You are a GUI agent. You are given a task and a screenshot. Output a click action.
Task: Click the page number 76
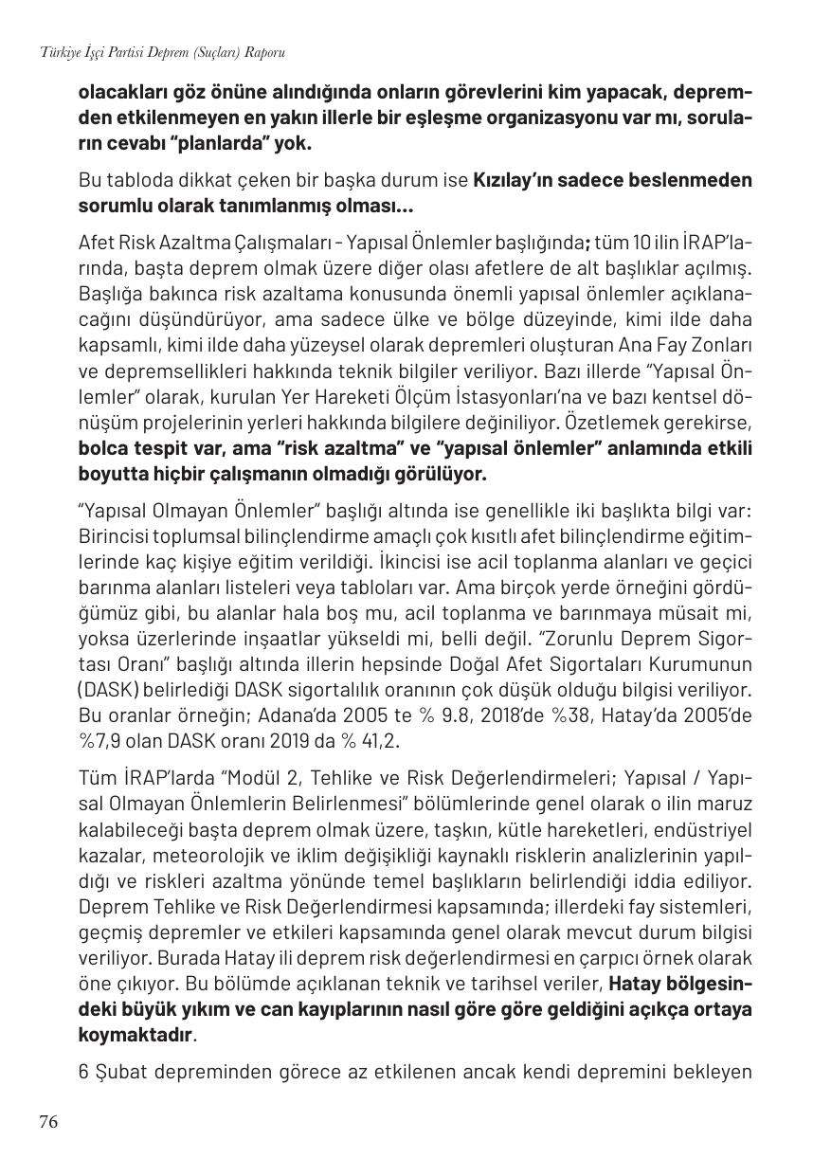coord(48,1122)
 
